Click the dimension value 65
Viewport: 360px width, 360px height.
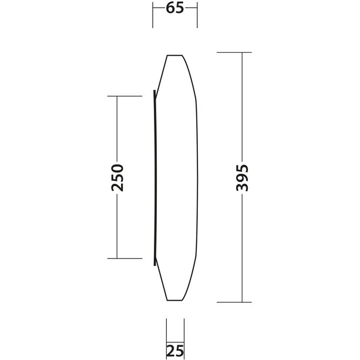[175, 8]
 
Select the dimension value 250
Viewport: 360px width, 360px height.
[117, 178]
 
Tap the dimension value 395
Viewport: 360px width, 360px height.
[242, 178]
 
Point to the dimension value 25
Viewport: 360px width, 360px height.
[175, 351]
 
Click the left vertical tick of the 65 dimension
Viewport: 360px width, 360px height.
[153, 15]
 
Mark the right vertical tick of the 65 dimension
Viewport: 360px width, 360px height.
[197, 15]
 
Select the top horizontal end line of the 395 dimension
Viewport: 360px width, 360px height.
[234, 53]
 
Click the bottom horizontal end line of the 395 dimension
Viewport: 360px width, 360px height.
[234, 302]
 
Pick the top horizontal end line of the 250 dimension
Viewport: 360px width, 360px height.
[125, 96]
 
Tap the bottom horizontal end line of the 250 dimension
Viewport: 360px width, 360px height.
[125, 258]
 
